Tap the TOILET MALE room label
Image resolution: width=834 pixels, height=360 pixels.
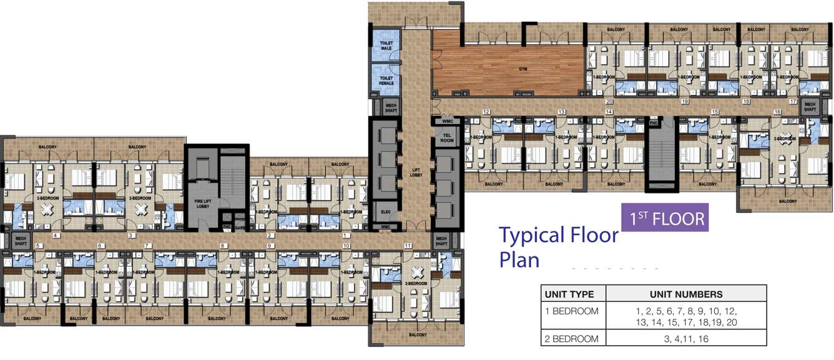click(386, 46)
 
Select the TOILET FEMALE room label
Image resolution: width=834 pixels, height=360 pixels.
click(386, 80)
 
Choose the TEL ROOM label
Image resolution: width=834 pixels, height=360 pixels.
click(447, 138)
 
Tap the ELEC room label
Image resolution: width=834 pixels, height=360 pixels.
click(386, 212)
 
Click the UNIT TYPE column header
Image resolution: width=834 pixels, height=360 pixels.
click(573, 294)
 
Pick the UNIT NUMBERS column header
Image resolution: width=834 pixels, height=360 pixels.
click(685, 294)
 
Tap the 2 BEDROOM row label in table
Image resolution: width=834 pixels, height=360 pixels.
click(572, 339)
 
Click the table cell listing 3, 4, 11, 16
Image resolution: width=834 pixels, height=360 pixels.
click(685, 339)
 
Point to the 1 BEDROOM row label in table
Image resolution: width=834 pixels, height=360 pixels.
click(572, 311)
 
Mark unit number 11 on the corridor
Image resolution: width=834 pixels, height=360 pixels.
click(409, 245)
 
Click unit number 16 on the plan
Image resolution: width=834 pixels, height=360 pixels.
click(777, 112)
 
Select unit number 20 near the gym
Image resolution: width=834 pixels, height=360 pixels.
click(609, 100)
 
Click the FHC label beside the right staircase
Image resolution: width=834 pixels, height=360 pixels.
click(654, 122)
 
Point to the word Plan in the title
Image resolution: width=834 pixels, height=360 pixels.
click(519, 259)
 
